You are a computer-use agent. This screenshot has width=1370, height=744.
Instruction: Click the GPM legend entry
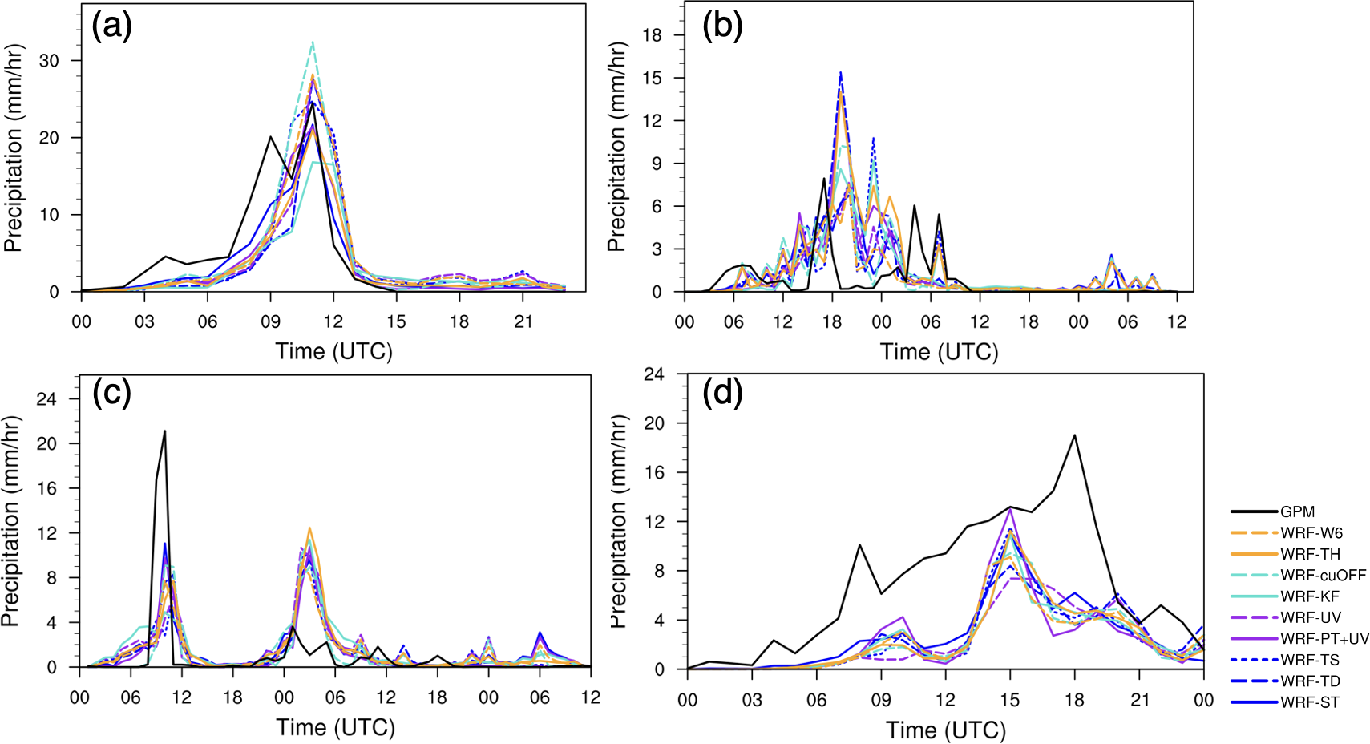(x=1297, y=511)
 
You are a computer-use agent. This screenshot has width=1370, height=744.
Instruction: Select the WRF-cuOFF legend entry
(x=1323, y=575)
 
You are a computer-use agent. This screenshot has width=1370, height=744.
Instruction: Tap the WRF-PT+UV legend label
(x=1324, y=639)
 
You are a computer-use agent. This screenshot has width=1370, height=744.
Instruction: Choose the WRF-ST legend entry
(x=1310, y=702)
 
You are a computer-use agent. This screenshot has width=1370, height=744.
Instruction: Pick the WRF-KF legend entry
(x=1309, y=596)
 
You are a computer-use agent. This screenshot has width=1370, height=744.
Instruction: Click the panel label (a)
(x=111, y=27)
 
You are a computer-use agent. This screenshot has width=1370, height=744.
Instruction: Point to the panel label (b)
(x=722, y=27)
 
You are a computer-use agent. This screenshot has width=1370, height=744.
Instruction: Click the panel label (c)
(x=111, y=394)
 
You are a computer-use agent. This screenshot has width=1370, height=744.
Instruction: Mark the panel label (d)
(x=722, y=394)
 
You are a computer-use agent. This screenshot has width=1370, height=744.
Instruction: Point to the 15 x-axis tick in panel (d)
(x=1010, y=700)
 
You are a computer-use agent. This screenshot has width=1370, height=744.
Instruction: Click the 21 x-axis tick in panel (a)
(x=523, y=322)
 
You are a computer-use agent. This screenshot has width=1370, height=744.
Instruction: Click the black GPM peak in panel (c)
(x=164, y=431)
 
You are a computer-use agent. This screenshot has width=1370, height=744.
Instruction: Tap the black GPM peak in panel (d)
(x=1074, y=435)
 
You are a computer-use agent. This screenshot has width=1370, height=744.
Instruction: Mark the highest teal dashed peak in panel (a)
(x=313, y=42)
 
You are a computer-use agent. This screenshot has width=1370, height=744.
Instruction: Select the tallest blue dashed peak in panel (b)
(x=841, y=72)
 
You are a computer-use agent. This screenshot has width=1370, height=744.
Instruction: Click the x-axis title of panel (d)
(x=946, y=730)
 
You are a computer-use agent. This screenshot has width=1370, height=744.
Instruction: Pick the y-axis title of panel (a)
(x=14, y=148)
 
